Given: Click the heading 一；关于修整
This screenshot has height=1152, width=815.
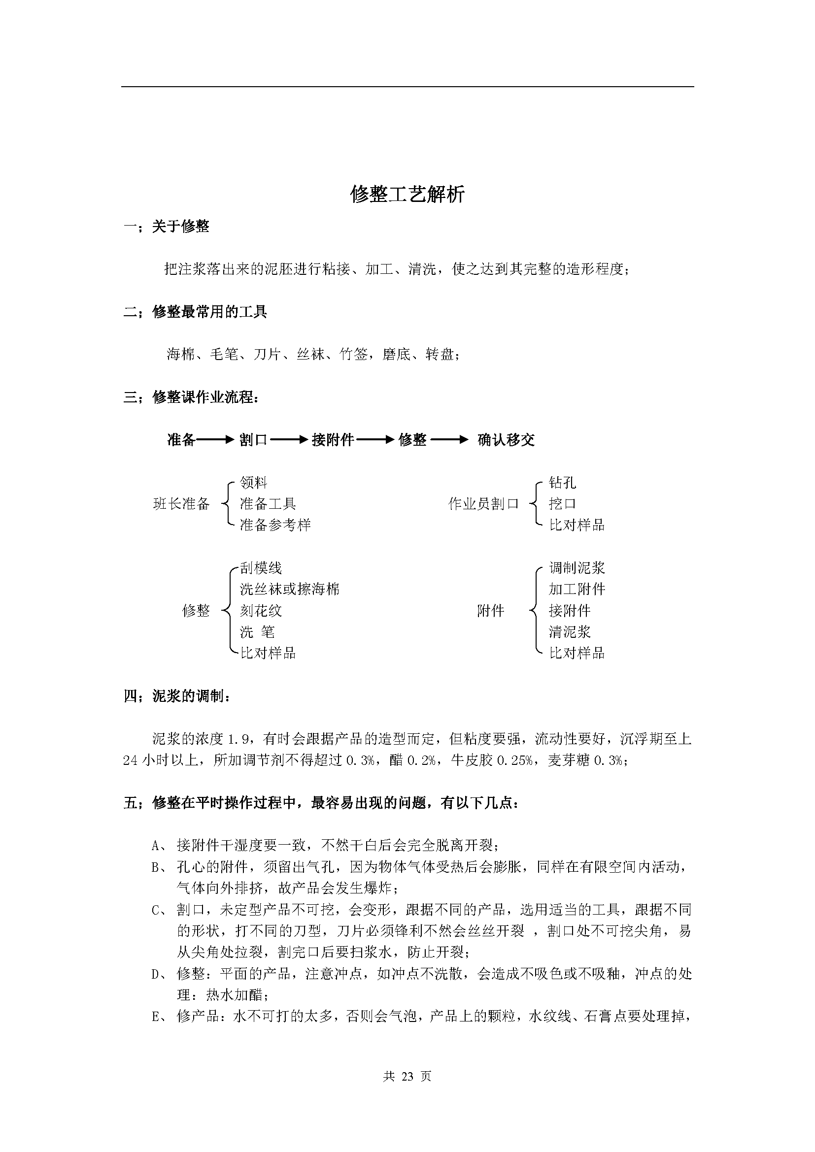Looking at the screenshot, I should point(166,227).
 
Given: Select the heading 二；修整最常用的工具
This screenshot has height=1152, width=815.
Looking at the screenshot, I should point(195,312).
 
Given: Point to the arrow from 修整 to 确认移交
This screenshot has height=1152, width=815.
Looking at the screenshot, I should point(450,440).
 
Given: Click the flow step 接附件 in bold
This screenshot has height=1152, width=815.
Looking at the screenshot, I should point(333,440).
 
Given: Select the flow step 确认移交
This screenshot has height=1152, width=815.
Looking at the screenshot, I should point(506,440).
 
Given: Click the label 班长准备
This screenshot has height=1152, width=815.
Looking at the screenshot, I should point(181,504).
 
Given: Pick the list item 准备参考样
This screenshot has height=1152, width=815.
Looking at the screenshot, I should point(275,525).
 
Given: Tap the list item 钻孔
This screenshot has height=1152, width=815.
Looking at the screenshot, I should point(562,483).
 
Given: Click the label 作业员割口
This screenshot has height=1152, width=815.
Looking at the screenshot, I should point(483,504).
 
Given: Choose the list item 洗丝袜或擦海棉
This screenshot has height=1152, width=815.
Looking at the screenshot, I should point(290,589).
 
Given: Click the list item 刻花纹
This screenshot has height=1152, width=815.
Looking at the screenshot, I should point(261,611).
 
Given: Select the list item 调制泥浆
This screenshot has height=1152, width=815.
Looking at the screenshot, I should point(577,568).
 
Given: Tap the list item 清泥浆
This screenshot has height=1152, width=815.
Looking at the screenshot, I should point(570,632).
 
